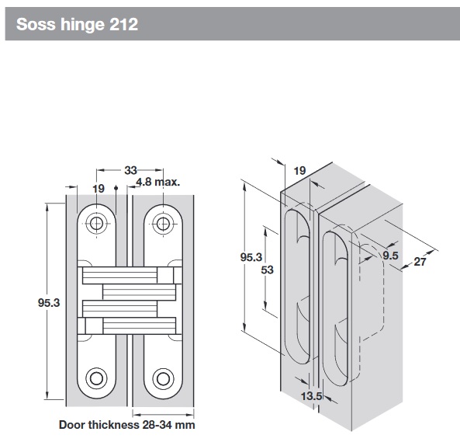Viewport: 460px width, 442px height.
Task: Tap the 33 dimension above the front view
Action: coord(130,169)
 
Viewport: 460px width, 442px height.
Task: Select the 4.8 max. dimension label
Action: coord(157,183)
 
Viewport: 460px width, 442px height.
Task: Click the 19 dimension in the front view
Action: coord(99,188)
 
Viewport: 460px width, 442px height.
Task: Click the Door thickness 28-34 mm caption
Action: coord(126,425)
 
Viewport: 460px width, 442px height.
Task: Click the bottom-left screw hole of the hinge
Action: coord(96,378)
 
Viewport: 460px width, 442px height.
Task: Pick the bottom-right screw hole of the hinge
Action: coord(163,378)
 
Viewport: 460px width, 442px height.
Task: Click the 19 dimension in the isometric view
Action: coord(300,170)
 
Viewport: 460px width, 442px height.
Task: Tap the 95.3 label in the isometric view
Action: coord(250,256)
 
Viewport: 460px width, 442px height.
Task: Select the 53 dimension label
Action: coord(268,270)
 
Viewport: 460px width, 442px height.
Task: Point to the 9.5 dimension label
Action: coord(390,254)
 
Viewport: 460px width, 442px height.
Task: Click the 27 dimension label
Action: coord(420,262)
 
